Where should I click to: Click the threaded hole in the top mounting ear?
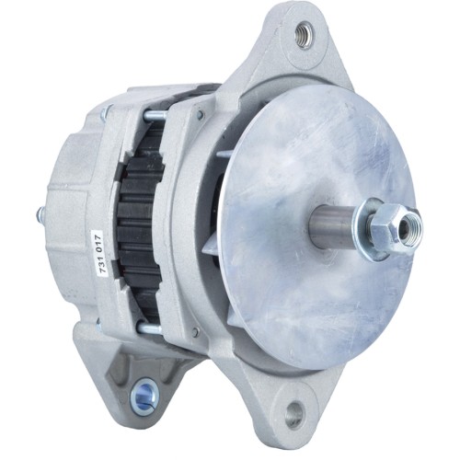(x=304, y=36)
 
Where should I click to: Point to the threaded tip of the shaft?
(x=415, y=224)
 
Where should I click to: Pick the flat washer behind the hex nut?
(x=373, y=226)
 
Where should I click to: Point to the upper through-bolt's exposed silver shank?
(x=155, y=115)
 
